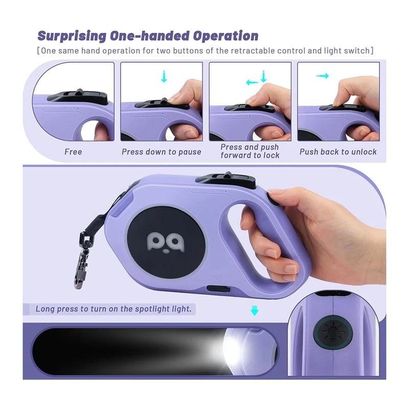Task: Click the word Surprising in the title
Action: click(71, 36)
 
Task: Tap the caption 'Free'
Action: click(73, 152)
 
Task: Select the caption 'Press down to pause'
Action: click(162, 152)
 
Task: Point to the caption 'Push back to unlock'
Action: click(338, 152)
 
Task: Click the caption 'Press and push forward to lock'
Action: click(250, 151)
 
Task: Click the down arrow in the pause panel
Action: click(164, 77)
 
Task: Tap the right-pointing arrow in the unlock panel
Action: click(322, 76)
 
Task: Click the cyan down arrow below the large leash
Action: click(254, 310)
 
